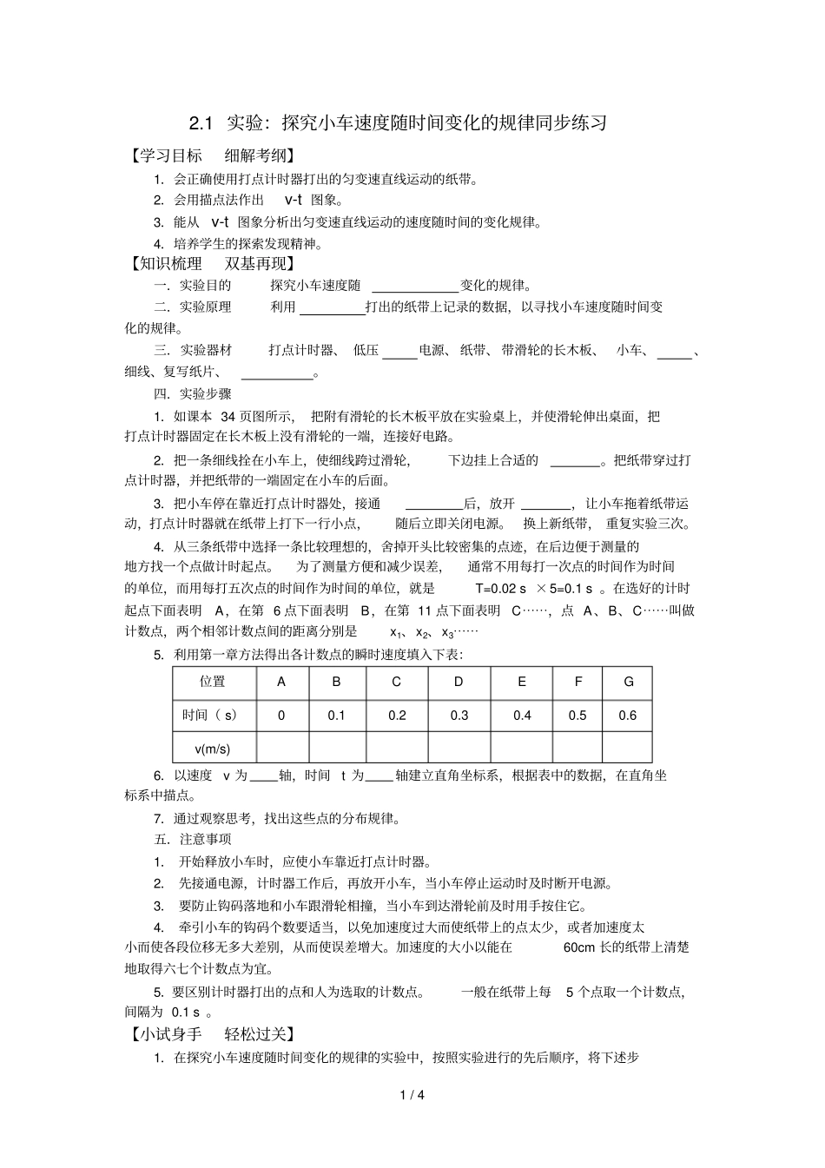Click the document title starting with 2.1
pyautogui.click(x=398, y=122)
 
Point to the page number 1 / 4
pyautogui.click(x=412, y=1095)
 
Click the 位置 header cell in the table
pyautogui.click(x=214, y=682)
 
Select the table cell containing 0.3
pyautogui.click(x=459, y=716)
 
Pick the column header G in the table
pyautogui.click(x=628, y=682)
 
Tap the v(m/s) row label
pyautogui.click(x=214, y=749)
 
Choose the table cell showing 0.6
pyautogui.click(x=627, y=716)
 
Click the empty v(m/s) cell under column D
pyautogui.click(x=459, y=749)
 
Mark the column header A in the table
pyautogui.click(x=281, y=682)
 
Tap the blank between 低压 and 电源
pyautogui.click(x=400, y=352)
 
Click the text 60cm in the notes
pyautogui.click(x=580, y=947)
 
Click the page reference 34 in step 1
pyautogui.click(x=228, y=417)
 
